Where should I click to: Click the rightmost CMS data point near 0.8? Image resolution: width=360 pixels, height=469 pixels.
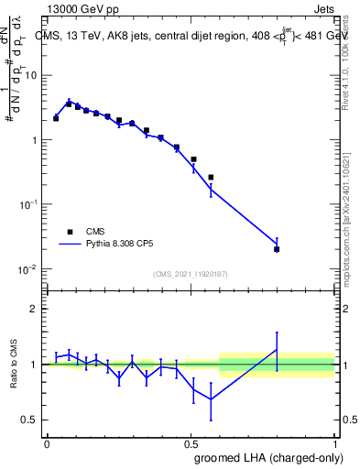(277, 249)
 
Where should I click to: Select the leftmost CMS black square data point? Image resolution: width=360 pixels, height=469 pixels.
(56, 118)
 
